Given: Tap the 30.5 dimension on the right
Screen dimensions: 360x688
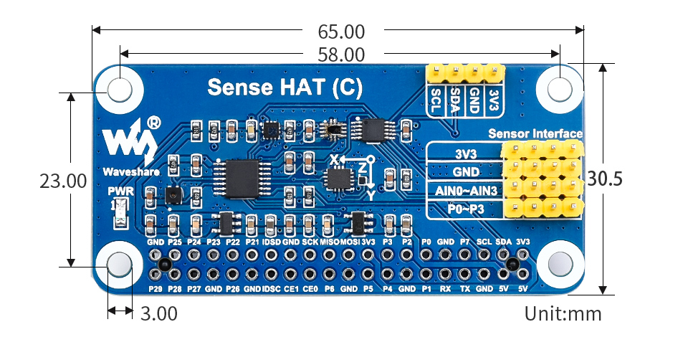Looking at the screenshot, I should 605,179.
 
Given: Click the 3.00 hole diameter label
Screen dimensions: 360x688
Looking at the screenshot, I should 158,313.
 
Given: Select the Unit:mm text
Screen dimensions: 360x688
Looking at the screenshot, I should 563,313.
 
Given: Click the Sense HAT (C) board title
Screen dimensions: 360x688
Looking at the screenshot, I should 285,87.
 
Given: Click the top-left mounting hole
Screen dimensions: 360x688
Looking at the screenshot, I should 120,90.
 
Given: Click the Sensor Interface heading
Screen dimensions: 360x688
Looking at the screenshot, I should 535,133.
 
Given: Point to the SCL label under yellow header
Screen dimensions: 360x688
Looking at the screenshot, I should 436,100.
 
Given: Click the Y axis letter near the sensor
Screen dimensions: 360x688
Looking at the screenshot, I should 371,194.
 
